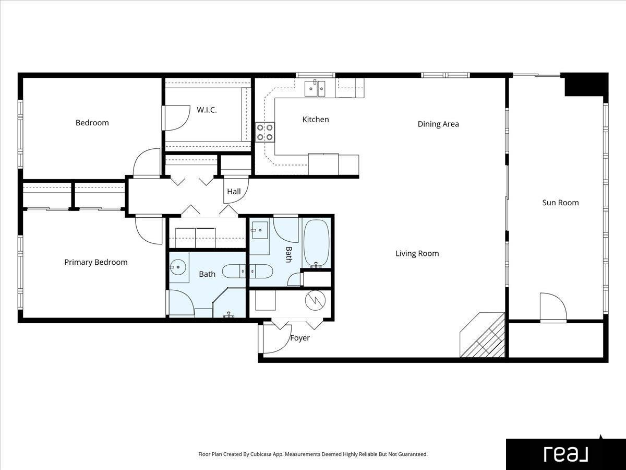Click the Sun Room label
point(560,203)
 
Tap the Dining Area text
point(438,124)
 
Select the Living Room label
point(417,253)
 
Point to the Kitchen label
point(316,119)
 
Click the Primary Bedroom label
point(96,262)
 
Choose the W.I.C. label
point(207,110)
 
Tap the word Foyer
point(300,338)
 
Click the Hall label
point(234,192)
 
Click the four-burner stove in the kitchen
point(265,132)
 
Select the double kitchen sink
point(315,88)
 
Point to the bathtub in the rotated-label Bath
point(316,243)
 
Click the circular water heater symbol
point(315,300)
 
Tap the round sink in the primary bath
point(178,267)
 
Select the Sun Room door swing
point(553,306)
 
